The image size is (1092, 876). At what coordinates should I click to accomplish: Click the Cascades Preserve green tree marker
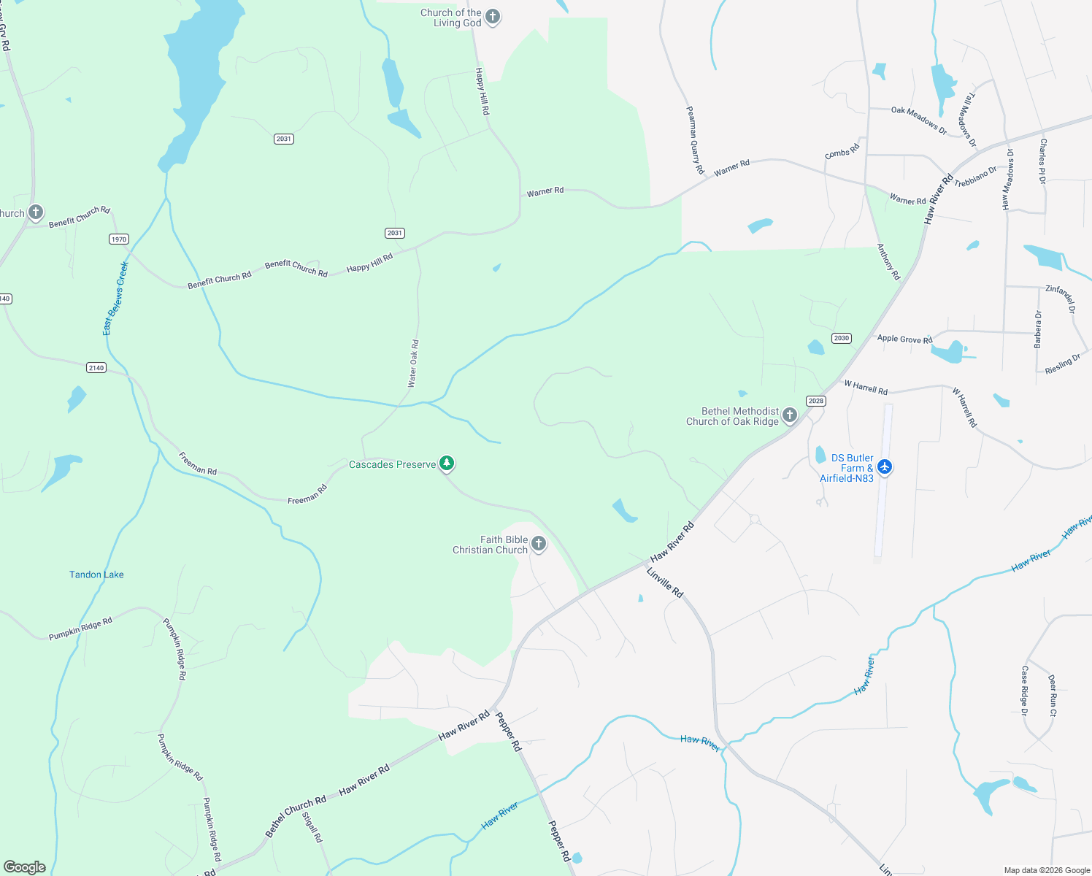click(447, 464)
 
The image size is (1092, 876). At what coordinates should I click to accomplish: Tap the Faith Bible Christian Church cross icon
click(539, 544)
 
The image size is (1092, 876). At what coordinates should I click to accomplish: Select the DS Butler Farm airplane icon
click(885, 466)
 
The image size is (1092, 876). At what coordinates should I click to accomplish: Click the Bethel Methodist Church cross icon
click(789, 415)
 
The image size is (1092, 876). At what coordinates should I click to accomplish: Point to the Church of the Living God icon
click(493, 17)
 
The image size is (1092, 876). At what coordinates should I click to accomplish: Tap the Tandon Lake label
click(96, 575)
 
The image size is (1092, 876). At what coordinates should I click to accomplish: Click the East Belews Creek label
click(115, 299)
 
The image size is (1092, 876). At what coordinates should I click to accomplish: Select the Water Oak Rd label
click(413, 363)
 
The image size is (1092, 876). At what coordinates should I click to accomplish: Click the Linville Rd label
click(665, 583)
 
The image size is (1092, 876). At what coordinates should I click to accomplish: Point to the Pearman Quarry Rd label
click(695, 139)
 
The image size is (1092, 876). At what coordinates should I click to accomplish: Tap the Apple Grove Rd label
click(904, 339)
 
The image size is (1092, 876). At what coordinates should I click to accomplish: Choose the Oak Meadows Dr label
click(918, 120)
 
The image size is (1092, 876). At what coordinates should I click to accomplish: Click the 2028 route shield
click(816, 401)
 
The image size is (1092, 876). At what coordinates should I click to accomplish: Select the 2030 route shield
click(841, 338)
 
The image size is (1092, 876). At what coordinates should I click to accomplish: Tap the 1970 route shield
click(119, 239)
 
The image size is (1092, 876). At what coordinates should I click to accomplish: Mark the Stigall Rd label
click(312, 827)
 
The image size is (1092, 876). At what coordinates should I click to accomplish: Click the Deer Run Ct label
click(1053, 695)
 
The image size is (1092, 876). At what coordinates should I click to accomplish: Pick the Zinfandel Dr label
click(1061, 299)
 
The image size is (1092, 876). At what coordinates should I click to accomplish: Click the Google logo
click(25, 867)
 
